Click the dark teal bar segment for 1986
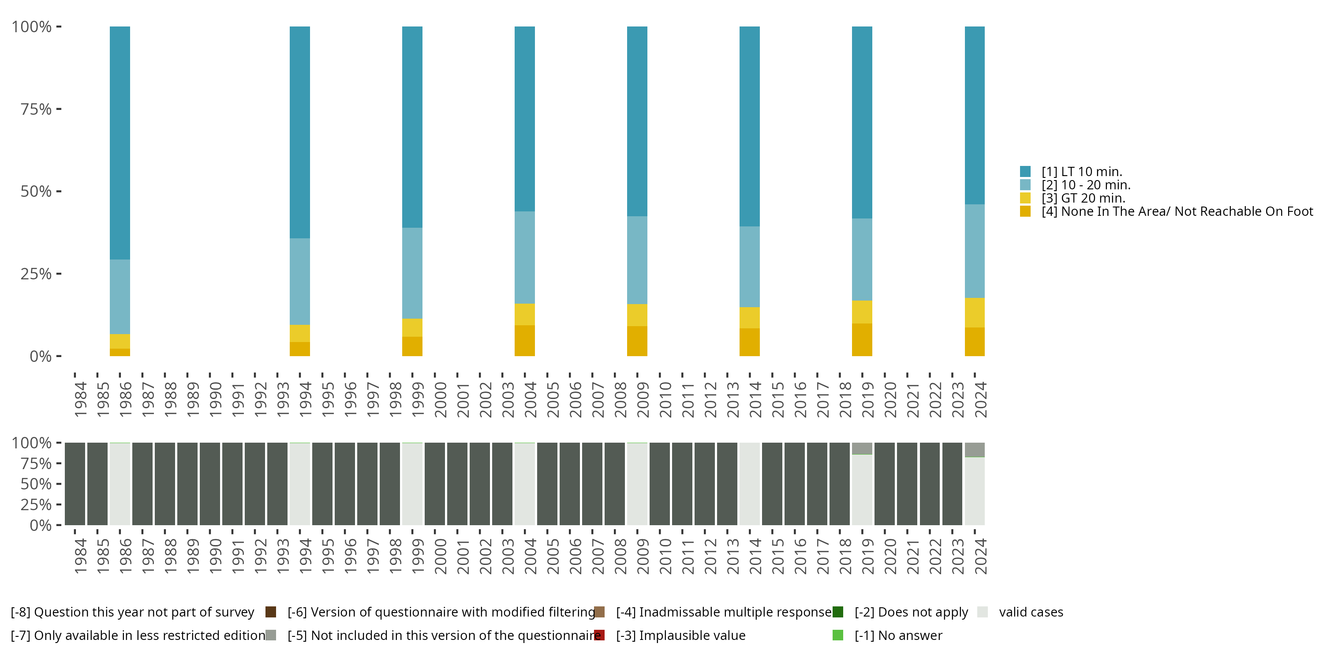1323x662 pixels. [x=120, y=143]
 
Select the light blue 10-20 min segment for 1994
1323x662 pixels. [x=299, y=281]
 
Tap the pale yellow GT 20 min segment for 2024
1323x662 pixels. [x=974, y=312]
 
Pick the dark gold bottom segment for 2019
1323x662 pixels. [x=862, y=339]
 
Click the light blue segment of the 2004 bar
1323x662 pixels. [x=524, y=257]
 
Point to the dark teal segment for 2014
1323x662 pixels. [x=749, y=126]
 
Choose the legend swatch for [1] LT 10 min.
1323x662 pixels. [x=1025, y=172]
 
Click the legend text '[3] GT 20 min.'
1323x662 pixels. [x=1083, y=199]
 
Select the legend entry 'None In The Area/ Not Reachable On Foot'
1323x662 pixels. [x=1177, y=212]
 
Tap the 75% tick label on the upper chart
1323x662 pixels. [x=36, y=109]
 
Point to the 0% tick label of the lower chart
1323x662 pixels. [x=41, y=525]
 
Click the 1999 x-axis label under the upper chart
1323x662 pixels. [x=418, y=399]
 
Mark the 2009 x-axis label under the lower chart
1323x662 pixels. [x=643, y=556]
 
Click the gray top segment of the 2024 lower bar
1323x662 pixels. [x=974, y=450]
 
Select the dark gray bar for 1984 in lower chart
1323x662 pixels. [x=75, y=484]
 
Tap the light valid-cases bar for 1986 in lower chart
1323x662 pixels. [x=120, y=484]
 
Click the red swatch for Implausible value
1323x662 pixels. [x=599, y=635]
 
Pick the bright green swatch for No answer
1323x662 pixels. [x=837, y=635]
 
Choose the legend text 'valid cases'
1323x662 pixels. [x=1031, y=612]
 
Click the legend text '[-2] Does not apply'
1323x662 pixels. [x=911, y=612]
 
